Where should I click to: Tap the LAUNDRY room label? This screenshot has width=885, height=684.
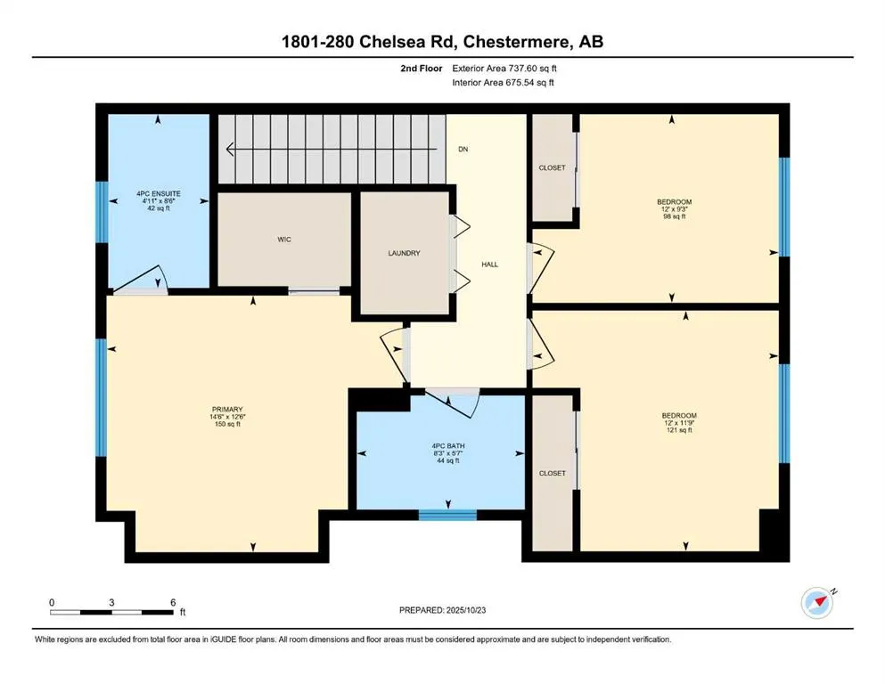tap(405, 253)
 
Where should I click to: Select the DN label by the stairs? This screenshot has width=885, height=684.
tap(463, 149)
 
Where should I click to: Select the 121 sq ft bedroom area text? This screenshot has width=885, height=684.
tap(678, 431)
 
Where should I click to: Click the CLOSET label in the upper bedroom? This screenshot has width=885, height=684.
tap(552, 167)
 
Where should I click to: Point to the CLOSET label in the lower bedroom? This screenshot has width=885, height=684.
tap(552, 473)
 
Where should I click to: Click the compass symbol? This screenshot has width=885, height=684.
tap(818, 603)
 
